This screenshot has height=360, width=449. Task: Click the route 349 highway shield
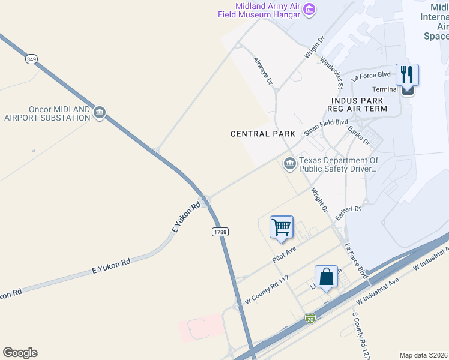pos(31,59)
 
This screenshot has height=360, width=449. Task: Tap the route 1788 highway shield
pos(220,232)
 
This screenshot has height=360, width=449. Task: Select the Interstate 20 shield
pos(310,319)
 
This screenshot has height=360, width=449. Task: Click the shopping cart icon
pos(281,227)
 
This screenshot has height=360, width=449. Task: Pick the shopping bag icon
pos(326,277)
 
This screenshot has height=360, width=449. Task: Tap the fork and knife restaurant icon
pos(407,75)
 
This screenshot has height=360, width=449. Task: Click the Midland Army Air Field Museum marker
pos(309,10)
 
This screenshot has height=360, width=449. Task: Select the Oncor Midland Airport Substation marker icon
pos(100,112)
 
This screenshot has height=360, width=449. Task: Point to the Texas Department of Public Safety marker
pos(290,163)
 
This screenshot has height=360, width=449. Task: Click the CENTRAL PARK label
pos(263,134)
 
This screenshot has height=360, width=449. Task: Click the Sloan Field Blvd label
pos(325,126)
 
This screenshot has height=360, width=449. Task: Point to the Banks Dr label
pos(359,136)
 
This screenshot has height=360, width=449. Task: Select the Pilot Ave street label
pos(285,254)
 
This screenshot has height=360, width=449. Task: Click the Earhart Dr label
pos(348,212)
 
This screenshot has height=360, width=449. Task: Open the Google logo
pos(20,353)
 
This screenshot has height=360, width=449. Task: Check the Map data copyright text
pos(423,355)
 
